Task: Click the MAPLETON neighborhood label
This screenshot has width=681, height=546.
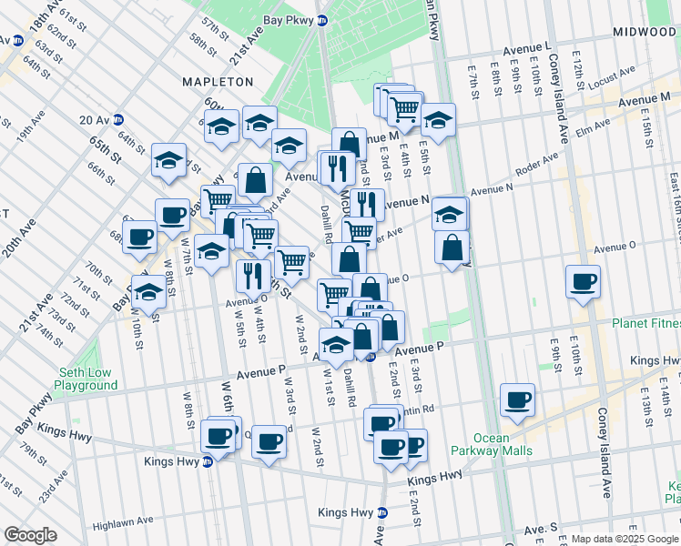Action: [218, 82]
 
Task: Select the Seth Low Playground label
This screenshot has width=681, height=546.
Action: [88, 379]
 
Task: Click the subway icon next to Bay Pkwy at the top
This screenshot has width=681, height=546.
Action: [322, 20]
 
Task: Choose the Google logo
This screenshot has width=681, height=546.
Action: [31, 535]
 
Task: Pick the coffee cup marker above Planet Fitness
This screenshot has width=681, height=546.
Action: [583, 281]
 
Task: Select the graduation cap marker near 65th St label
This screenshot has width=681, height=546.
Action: [168, 160]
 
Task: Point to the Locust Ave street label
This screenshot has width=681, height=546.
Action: [613, 80]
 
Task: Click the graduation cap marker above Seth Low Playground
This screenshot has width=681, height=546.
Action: [148, 293]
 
